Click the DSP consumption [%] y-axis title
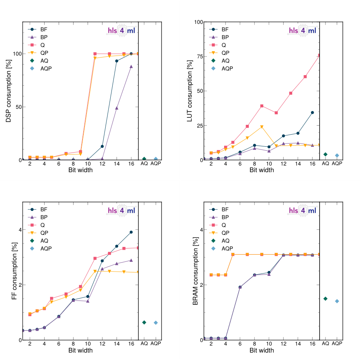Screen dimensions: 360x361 9,91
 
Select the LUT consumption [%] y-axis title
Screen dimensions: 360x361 190,91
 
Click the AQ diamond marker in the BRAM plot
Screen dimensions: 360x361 325,299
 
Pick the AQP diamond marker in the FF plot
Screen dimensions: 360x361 156,322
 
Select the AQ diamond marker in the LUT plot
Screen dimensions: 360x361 325,154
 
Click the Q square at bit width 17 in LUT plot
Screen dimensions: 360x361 319,55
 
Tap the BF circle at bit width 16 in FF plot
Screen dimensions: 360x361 131,232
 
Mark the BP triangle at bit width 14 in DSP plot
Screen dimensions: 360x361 117,108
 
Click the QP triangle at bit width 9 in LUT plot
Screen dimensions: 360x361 262,127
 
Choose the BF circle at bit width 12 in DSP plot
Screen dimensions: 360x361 102,146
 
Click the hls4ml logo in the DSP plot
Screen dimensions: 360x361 121,31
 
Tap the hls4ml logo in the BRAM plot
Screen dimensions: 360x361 302,211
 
